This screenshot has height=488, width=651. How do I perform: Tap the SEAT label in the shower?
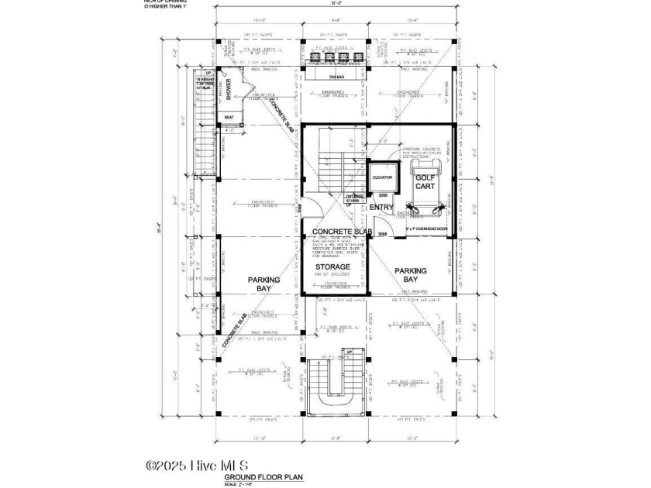pyautogui.click(x=229, y=118)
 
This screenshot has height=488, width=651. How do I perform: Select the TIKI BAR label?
pyautogui.click(x=336, y=76)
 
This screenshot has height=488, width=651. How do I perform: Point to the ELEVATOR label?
pyautogui.click(x=383, y=177)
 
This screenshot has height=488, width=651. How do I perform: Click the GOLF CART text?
pyautogui.click(x=423, y=183)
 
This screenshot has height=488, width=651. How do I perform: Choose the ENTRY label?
pyautogui.click(x=381, y=207)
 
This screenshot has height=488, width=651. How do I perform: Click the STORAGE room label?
pyautogui.click(x=332, y=266)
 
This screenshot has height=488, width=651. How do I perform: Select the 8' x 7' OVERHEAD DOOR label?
pyautogui.click(x=425, y=229)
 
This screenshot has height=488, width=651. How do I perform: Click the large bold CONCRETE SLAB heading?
pyautogui.click(x=343, y=232)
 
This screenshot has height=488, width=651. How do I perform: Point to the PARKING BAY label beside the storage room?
pyautogui.click(x=411, y=275)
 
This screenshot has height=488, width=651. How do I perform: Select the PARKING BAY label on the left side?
pyautogui.click(x=263, y=284)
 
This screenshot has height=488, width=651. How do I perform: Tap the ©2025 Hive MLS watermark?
pyautogui.click(x=198, y=466)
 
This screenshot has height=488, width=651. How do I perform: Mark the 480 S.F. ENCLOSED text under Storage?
pyautogui.click(x=332, y=276)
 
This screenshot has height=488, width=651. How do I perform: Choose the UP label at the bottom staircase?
pyautogui.click(x=349, y=352)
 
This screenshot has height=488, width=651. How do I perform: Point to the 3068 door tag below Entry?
pyautogui.click(x=383, y=233)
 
